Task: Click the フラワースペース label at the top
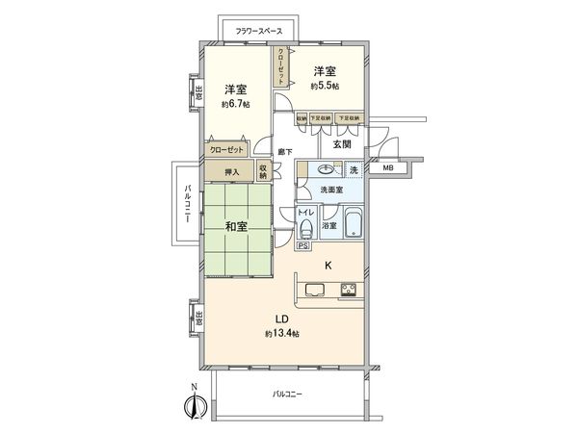point(259,30)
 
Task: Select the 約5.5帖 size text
point(324,86)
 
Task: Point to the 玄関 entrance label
point(342,144)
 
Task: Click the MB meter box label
point(387,169)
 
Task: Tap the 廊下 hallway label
point(284,151)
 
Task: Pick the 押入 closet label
point(231,171)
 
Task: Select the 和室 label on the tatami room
point(237,227)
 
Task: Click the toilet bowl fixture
point(306,229)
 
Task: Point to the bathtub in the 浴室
point(353,226)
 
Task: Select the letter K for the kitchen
point(328,265)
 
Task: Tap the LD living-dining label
point(283,318)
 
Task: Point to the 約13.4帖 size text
point(283,333)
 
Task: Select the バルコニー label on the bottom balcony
point(287,395)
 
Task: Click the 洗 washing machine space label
point(354,170)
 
